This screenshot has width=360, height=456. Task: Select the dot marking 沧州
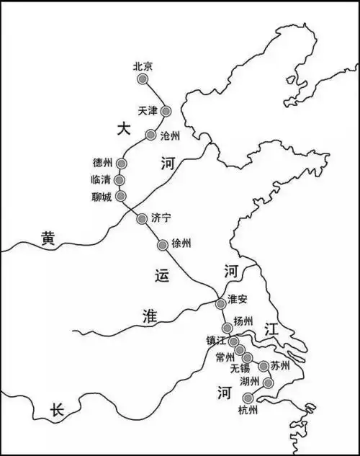point(150,135)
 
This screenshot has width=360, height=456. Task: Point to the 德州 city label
point(103,162)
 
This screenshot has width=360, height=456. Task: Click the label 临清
point(102,179)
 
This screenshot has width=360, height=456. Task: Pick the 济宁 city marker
point(142,218)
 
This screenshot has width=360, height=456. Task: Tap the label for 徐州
point(182,243)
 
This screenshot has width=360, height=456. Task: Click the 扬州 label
point(244,321)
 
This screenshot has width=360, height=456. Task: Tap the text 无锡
point(240,368)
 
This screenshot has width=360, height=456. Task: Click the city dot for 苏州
point(264,366)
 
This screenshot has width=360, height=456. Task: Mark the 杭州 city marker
point(248,398)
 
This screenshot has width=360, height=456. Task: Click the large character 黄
point(48,236)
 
